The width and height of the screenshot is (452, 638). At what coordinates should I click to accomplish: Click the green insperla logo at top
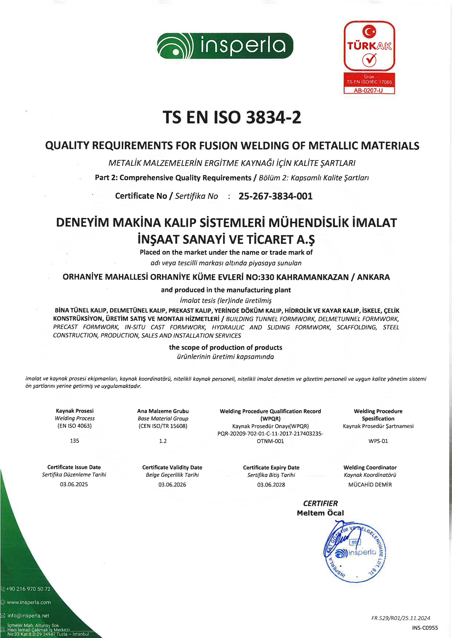pos(225,46)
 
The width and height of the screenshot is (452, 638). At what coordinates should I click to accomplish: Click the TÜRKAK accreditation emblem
pos(369,46)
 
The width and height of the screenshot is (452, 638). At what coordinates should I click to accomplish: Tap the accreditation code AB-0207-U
pos(369,90)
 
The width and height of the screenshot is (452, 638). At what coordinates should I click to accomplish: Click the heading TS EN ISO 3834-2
pos(232,117)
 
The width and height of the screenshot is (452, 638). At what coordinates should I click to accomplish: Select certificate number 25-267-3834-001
pos(275,196)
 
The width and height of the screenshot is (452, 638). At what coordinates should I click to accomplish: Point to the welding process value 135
pos(75,441)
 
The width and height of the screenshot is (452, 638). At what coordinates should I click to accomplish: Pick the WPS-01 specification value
pos(378,441)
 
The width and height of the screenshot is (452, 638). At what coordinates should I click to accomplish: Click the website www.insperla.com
pos(29,602)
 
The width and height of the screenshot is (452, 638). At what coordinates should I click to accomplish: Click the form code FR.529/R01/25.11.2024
pos(400,618)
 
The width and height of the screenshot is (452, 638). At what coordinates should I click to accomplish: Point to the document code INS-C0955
pos(425,628)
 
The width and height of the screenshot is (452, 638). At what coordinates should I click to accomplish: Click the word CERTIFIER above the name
pos(320,503)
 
